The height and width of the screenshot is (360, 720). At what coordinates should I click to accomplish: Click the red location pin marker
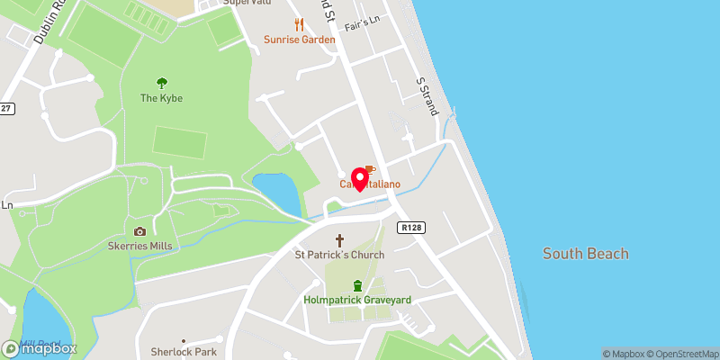click(362, 178)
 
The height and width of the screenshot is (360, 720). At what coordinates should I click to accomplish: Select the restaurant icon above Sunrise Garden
click(299, 24)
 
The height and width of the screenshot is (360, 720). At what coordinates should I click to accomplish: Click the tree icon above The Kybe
click(162, 82)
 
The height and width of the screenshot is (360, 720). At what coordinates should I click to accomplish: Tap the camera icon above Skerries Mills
click(139, 231)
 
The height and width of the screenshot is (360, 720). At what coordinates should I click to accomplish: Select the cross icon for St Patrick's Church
click(340, 240)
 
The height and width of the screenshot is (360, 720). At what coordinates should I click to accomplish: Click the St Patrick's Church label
click(340, 255)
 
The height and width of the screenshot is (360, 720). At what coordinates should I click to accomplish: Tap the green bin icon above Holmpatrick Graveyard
click(357, 285)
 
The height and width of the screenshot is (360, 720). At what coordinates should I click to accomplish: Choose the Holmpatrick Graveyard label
click(357, 300)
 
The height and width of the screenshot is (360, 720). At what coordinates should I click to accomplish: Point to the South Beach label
click(585, 254)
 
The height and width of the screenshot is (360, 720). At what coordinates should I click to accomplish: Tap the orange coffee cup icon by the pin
click(370, 169)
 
